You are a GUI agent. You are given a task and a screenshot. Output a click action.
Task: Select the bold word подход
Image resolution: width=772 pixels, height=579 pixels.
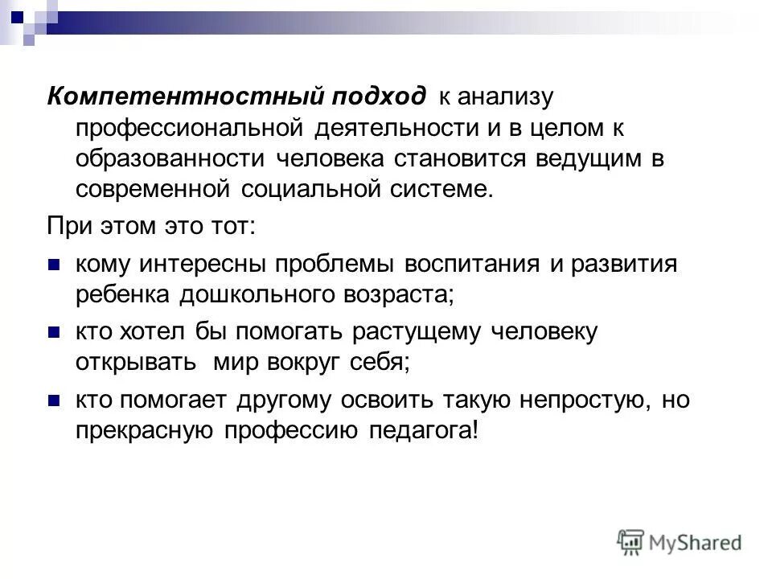click(378, 96)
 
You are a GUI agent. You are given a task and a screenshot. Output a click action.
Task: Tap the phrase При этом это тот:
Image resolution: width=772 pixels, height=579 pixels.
click(150, 228)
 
